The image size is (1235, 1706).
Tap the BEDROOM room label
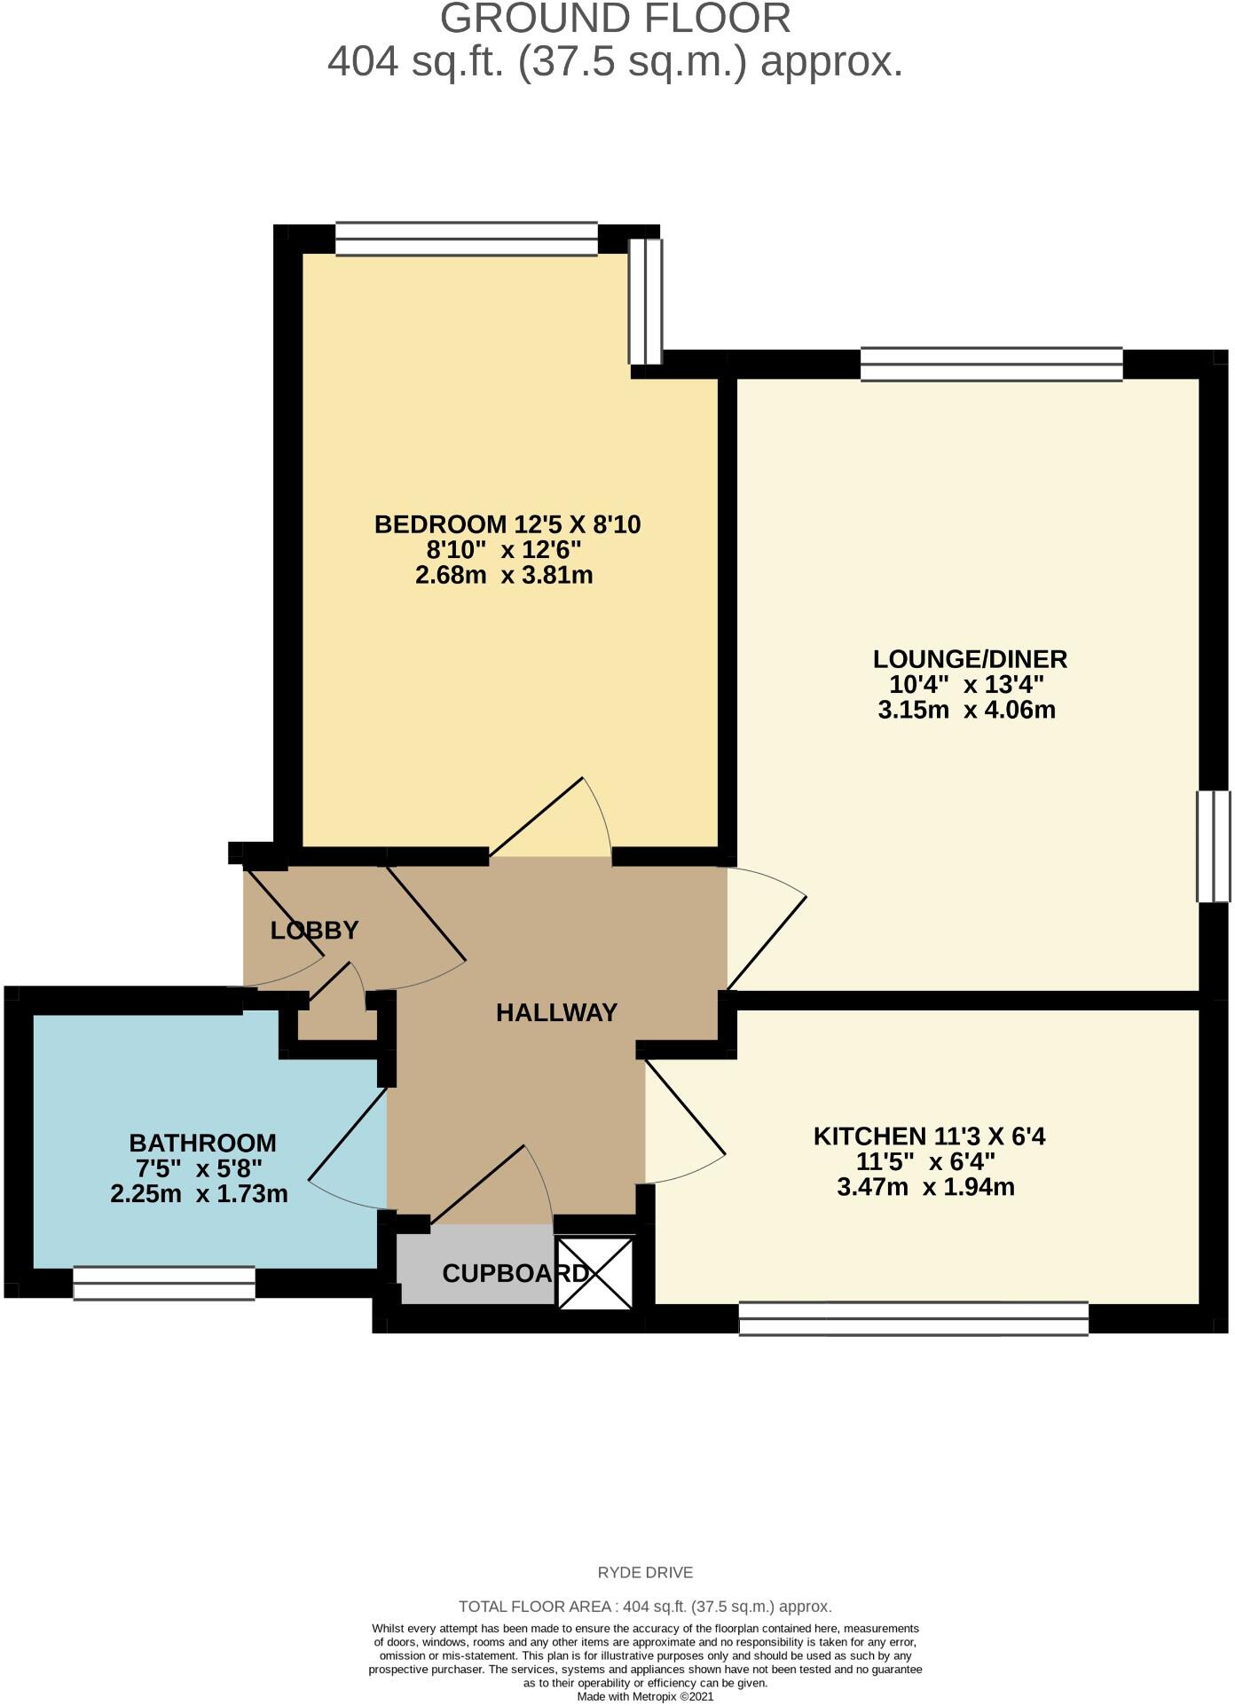[507, 524]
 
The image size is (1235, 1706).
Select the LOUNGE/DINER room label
[970, 659]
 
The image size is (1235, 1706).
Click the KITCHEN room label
[929, 1136]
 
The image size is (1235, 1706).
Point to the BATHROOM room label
[202, 1143]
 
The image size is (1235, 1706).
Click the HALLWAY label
[556, 1012]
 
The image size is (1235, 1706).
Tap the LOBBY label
[314, 931]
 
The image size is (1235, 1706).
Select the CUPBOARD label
[515, 1274]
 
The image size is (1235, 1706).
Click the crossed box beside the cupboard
[595, 1273]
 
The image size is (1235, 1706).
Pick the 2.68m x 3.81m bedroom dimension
[504, 575]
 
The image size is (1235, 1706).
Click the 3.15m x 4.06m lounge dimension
[966, 710]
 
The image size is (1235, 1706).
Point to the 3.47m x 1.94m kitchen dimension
[925, 1187]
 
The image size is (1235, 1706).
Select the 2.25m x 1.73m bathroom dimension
[199, 1194]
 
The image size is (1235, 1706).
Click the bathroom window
[164, 1283]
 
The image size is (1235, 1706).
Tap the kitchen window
[913, 1317]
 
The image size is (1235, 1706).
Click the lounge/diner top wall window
[991, 365]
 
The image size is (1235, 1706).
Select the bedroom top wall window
[466, 239]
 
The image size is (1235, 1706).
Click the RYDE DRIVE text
[645, 1573]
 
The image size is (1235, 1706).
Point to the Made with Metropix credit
[645, 1696]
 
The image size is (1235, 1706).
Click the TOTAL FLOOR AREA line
[645, 1607]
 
